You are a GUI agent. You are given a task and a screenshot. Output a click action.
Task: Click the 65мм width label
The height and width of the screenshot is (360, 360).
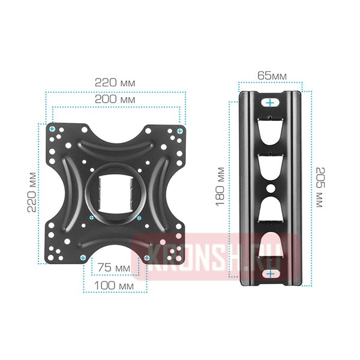click(272, 76)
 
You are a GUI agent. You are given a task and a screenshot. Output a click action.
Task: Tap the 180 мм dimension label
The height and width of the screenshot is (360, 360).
click(220, 187)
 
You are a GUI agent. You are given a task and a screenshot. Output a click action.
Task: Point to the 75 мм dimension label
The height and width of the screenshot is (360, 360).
click(114, 268)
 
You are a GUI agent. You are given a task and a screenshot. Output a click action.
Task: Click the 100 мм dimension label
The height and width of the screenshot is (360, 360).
click(114, 286)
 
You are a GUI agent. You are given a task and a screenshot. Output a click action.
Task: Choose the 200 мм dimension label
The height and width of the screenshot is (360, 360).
click(115, 100)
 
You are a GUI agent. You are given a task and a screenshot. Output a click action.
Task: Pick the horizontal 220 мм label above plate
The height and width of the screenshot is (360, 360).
click(115, 83)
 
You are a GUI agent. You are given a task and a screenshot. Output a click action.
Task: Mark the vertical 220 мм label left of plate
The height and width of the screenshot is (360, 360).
click(32, 192)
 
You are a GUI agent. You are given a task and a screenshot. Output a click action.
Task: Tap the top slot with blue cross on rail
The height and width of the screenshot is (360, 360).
click(271, 103)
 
